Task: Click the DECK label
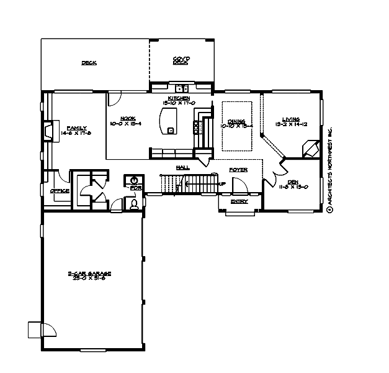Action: pos(89,63)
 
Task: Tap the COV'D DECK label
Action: pos(181,60)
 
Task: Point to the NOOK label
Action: pos(128,118)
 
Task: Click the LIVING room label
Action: pos(291,119)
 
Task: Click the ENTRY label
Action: pos(239,201)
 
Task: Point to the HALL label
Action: pos(182,167)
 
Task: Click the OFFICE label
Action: pos(60,191)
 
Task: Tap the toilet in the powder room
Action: pos(133,203)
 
